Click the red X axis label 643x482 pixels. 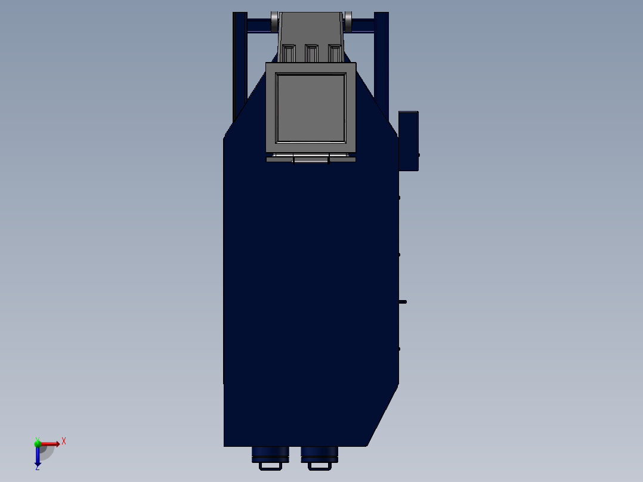tap(64, 441)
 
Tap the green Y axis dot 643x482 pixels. tap(38, 443)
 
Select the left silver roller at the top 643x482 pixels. tap(274, 21)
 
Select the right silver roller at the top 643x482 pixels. tap(348, 21)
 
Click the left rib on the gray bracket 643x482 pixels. tap(289, 53)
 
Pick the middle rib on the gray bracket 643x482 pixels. tap(311, 53)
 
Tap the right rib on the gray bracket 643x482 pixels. tap(335, 53)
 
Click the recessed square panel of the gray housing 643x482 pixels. tap(311, 108)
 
